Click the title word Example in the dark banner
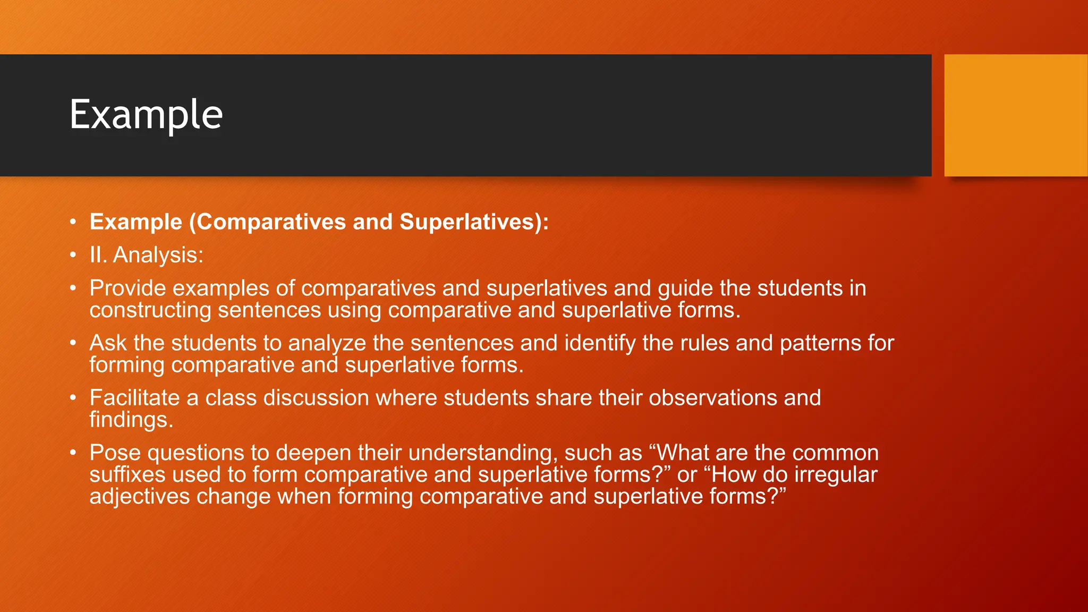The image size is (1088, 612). point(146,115)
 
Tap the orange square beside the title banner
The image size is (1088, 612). point(1015,115)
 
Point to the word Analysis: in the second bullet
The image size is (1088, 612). point(158,255)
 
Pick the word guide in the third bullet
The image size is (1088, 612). point(685,288)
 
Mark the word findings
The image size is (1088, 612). point(131,420)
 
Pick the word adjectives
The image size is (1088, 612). point(139,496)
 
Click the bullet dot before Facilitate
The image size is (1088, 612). point(73,398)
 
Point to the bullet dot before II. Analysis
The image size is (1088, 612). point(73,255)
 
